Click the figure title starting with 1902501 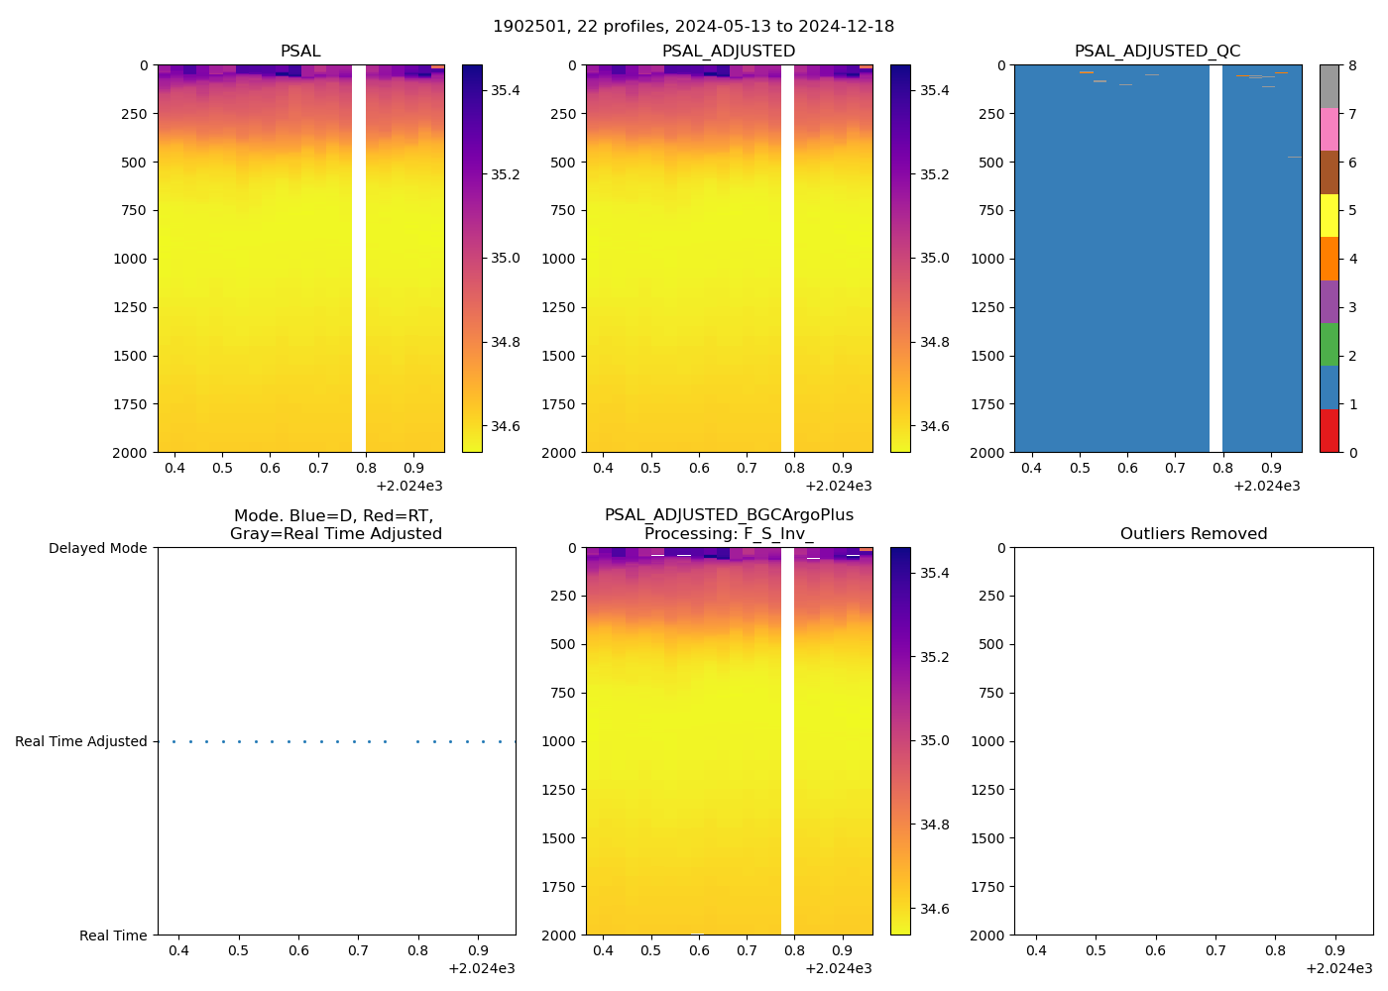coord(693,27)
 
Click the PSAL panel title coord(300,52)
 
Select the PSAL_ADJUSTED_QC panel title coord(1157,52)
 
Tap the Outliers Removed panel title coord(1194,534)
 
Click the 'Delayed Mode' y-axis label coord(97,548)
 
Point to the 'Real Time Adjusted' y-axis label coord(80,741)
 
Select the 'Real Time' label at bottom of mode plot coord(113,936)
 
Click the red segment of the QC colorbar coord(1329,431)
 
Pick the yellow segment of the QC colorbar coord(1329,216)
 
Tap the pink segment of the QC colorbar coord(1329,130)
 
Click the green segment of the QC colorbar coord(1329,345)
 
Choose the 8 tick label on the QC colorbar coord(1352,65)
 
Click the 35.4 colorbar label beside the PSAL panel coord(506,90)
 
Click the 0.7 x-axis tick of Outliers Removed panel coord(1215,950)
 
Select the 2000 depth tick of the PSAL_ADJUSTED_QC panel coord(987,453)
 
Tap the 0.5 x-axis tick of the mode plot coord(238,950)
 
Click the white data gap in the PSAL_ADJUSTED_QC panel coord(1215,258)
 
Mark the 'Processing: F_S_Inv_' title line coord(729,534)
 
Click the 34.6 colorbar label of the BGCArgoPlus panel coord(934,909)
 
